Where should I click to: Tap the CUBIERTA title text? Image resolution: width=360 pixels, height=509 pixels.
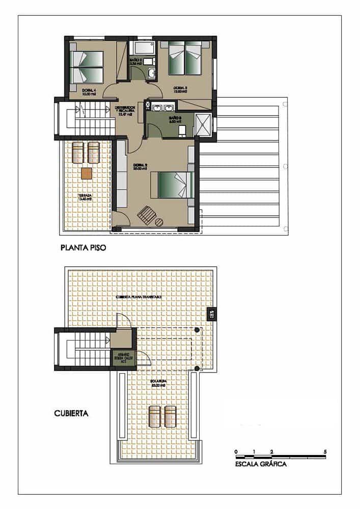[x=71, y=413]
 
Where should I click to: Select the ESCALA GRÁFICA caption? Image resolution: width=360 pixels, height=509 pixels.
[x=261, y=464]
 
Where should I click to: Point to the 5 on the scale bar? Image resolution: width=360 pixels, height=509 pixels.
[x=325, y=451]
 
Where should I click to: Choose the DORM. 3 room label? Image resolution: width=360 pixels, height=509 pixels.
[x=181, y=89]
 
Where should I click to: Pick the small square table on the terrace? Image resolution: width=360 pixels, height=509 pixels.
[x=87, y=173]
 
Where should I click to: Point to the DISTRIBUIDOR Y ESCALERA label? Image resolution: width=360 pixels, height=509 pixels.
[x=125, y=110]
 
